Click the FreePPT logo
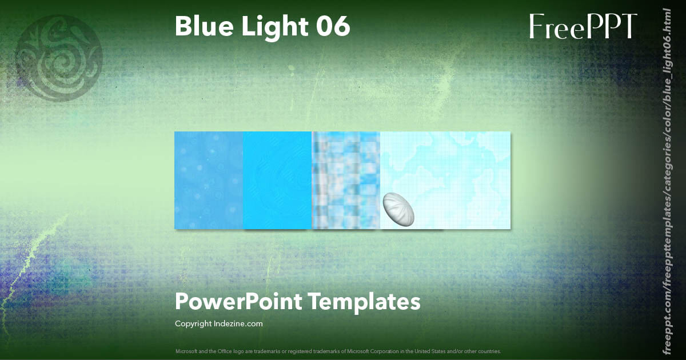coord(583,27)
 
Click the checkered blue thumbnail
coord(346,180)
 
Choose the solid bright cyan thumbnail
coord(277,180)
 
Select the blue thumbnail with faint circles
coord(209,180)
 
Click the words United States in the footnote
coord(422,351)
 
